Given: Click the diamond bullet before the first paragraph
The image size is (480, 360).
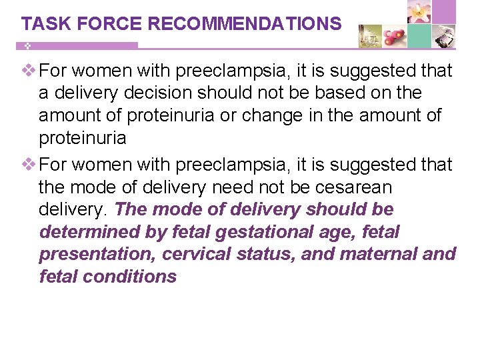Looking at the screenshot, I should click(x=29, y=71).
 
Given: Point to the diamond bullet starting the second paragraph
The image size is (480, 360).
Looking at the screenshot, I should click(x=29, y=164).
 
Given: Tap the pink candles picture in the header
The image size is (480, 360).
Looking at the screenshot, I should click(x=394, y=36).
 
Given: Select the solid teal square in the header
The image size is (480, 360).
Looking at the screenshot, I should click(x=419, y=36).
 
